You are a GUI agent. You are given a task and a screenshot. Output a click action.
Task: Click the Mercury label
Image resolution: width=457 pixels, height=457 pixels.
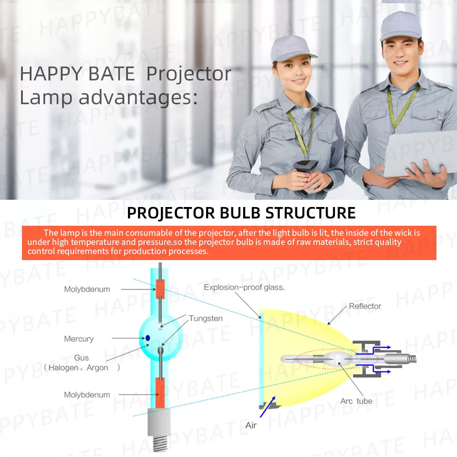[79, 339]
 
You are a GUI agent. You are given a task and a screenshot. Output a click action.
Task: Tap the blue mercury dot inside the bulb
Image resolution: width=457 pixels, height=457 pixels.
[148, 338]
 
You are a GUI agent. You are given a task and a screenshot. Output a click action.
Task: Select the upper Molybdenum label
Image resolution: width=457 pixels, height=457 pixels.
[87, 289]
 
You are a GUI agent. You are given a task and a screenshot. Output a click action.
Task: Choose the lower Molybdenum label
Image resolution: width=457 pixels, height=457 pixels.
[87, 395]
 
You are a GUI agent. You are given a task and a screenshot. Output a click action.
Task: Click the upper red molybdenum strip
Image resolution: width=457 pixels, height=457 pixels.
[160, 289]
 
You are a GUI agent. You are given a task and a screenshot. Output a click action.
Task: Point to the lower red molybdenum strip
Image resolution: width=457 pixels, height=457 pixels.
[160, 393]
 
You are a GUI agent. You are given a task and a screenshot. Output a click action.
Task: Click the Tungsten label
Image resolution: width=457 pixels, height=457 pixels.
[206, 318]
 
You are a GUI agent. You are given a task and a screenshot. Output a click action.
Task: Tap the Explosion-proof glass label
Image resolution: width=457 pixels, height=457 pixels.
[244, 287]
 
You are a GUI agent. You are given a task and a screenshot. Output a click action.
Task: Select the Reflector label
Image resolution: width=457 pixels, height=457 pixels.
[365, 306]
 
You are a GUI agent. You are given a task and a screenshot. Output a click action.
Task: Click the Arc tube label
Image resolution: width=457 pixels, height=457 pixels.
[356, 401]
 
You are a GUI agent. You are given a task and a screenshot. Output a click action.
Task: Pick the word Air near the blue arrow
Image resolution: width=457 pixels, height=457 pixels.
[250, 425]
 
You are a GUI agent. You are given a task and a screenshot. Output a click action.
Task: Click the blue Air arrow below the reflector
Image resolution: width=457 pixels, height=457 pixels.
[267, 407]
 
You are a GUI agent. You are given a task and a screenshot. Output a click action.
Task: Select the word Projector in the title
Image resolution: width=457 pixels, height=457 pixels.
[189, 74]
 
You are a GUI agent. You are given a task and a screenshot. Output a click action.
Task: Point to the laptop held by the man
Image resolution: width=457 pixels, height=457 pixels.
[420, 154]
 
